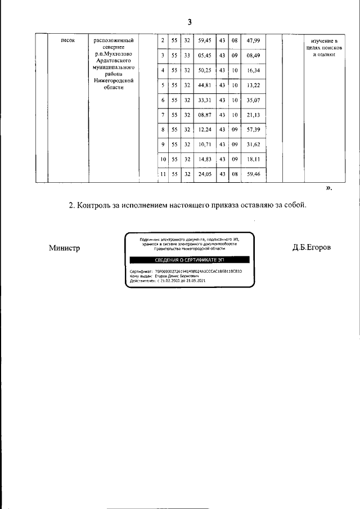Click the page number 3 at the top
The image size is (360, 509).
[x=190, y=22]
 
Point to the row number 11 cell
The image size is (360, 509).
[x=162, y=174]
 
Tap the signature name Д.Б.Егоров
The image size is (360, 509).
[x=312, y=248]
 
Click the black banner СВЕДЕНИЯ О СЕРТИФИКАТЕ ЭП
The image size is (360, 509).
[x=189, y=260]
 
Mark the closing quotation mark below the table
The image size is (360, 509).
[x=329, y=188]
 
